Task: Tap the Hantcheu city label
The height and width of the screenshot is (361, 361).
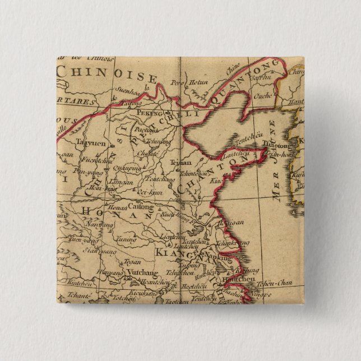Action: click(238, 279)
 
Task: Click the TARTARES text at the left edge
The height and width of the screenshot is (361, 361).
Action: click(76, 102)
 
